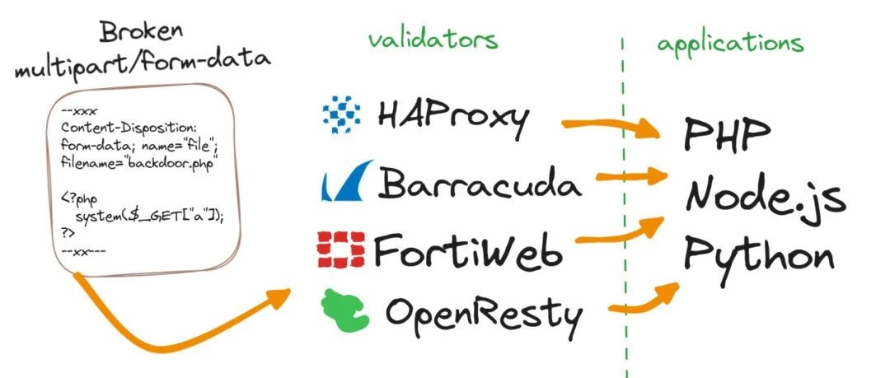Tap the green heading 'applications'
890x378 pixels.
click(729, 43)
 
